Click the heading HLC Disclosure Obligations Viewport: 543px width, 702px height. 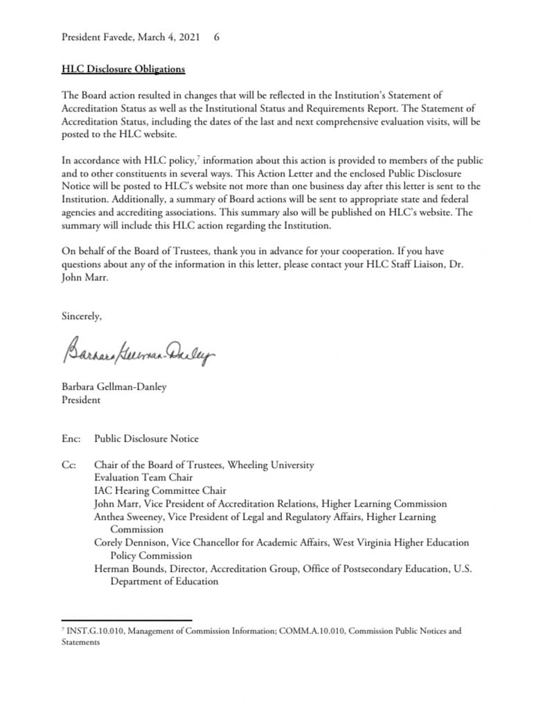(x=123, y=70)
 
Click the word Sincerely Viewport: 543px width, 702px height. (x=82, y=316)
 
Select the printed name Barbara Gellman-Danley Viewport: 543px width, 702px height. (x=114, y=387)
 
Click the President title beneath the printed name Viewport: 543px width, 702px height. (x=81, y=399)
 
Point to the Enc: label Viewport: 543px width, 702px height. (x=71, y=439)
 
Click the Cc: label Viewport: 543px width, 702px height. (x=70, y=465)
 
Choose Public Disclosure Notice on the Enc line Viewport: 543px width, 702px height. (x=146, y=439)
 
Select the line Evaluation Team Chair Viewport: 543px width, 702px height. (x=144, y=478)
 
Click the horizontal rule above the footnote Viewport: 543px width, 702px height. (x=126, y=620)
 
